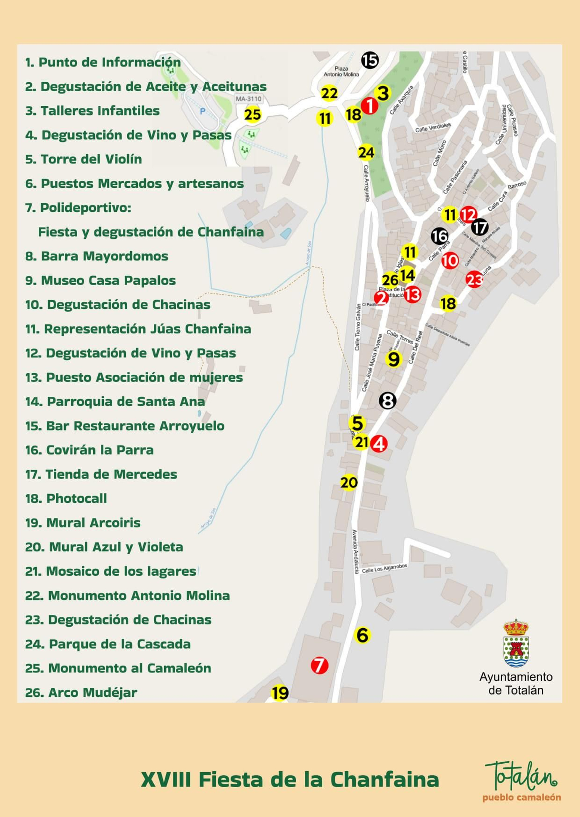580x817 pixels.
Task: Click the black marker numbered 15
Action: pyautogui.click(x=370, y=60)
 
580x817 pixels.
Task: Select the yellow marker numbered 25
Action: pyautogui.click(x=253, y=114)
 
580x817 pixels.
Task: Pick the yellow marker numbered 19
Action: pyautogui.click(x=280, y=693)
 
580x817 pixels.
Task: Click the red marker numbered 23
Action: pyautogui.click(x=474, y=279)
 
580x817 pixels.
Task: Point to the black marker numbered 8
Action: pyautogui.click(x=388, y=401)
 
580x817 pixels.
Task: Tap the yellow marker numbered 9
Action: pyautogui.click(x=394, y=359)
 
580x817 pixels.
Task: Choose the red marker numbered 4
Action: pyautogui.click(x=379, y=443)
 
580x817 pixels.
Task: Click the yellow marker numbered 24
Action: pyautogui.click(x=366, y=153)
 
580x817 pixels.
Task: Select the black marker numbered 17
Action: pyautogui.click(x=480, y=228)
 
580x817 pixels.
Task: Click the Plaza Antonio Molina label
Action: pyautogui.click(x=341, y=71)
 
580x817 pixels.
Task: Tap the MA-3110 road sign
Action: pyautogui.click(x=248, y=99)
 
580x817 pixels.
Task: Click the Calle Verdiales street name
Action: pyautogui.click(x=433, y=127)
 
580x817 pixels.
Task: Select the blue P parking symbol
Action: pyautogui.click(x=203, y=111)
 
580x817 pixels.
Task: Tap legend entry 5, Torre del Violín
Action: pyautogui.click(x=84, y=159)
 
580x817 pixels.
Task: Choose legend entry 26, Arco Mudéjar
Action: pyautogui.click(x=81, y=692)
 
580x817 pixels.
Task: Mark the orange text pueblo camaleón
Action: pyautogui.click(x=522, y=797)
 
